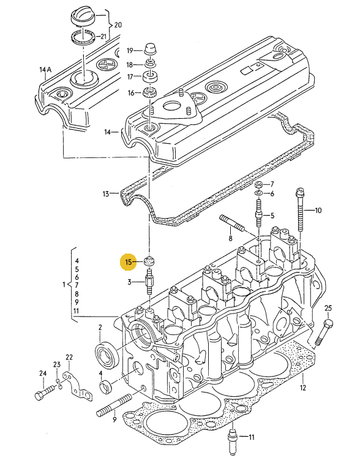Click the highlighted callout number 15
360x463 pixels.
(128, 262)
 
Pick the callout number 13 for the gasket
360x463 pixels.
(107, 194)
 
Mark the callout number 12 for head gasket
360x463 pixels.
(302, 388)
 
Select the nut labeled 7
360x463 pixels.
(259, 185)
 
